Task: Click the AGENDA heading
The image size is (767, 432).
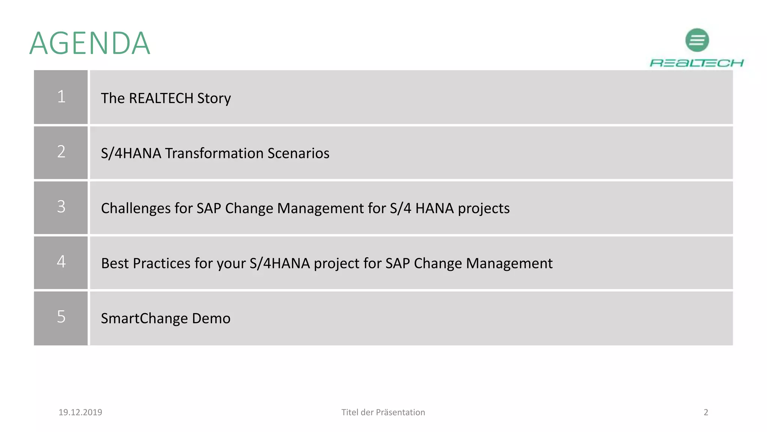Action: (90, 43)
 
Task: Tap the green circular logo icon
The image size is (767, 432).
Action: (697, 40)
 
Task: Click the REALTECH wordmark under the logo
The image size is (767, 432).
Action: (697, 63)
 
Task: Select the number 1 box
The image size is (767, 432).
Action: (61, 97)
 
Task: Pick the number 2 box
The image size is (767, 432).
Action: (61, 152)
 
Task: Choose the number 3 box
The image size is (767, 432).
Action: (61, 207)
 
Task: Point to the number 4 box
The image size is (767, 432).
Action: (61, 262)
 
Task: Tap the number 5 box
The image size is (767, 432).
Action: (61, 318)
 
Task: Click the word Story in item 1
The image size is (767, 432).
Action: (214, 99)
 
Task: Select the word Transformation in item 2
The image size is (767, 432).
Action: (215, 153)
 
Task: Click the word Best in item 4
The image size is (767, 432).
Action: (115, 263)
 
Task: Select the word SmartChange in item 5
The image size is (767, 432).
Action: (145, 319)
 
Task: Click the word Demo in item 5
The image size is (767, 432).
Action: (211, 318)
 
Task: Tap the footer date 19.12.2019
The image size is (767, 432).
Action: (80, 412)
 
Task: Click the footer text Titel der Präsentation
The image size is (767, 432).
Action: (383, 412)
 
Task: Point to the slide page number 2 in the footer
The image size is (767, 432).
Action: (706, 412)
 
